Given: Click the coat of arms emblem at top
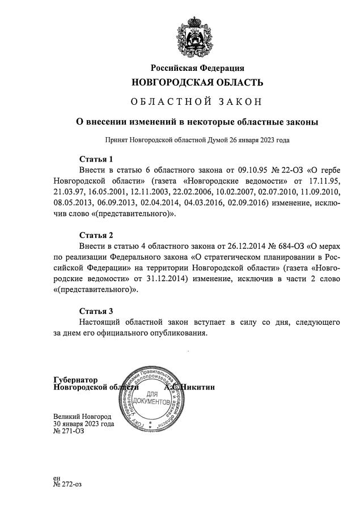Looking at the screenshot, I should pos(197,33).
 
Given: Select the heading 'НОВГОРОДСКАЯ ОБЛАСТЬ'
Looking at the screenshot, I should pos(197,83).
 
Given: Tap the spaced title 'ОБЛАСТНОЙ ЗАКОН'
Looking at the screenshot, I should pos(197,102).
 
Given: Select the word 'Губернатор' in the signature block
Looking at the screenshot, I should pos(75,379).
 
